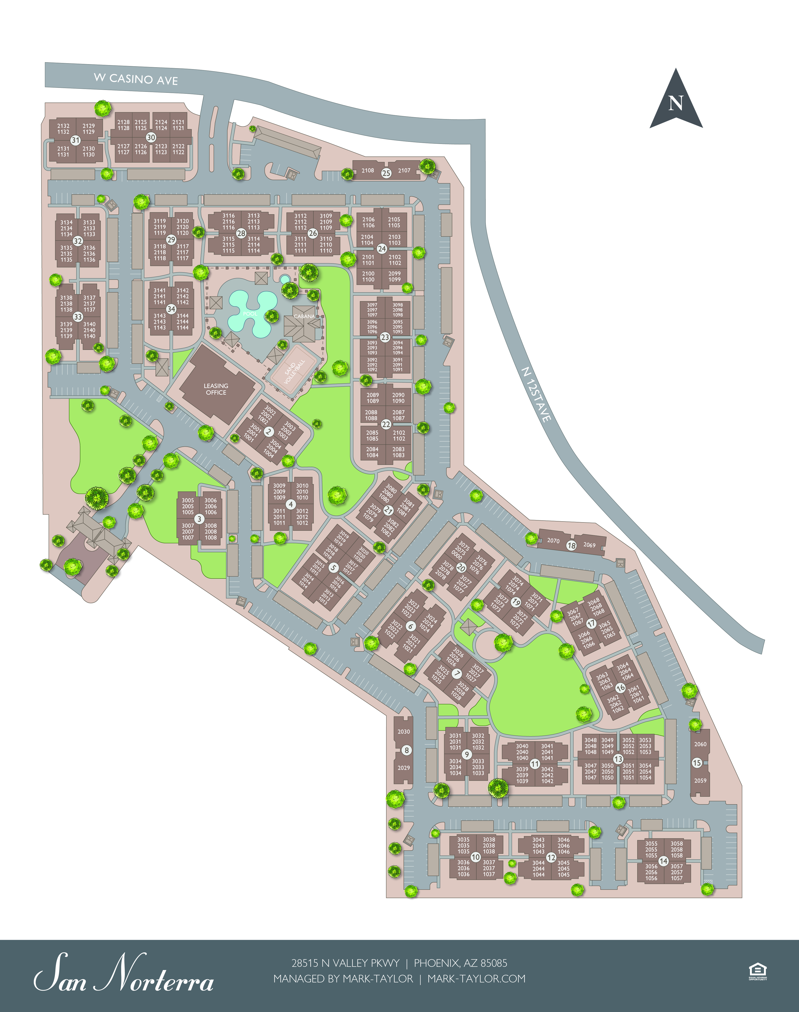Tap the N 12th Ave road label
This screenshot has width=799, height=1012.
(536, 394)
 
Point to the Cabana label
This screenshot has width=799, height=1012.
(304, 316)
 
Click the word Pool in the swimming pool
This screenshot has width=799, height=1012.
(250, 313)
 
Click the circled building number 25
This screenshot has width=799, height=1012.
(386, 173)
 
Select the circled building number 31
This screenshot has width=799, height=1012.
(75, 140)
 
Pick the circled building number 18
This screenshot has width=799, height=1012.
(571, 545)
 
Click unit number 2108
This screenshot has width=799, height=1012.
(368, 171)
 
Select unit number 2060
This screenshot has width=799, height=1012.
(700, 744)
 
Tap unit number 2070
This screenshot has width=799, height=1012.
(553, 541)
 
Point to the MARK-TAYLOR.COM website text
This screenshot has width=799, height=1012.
(476, 979)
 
